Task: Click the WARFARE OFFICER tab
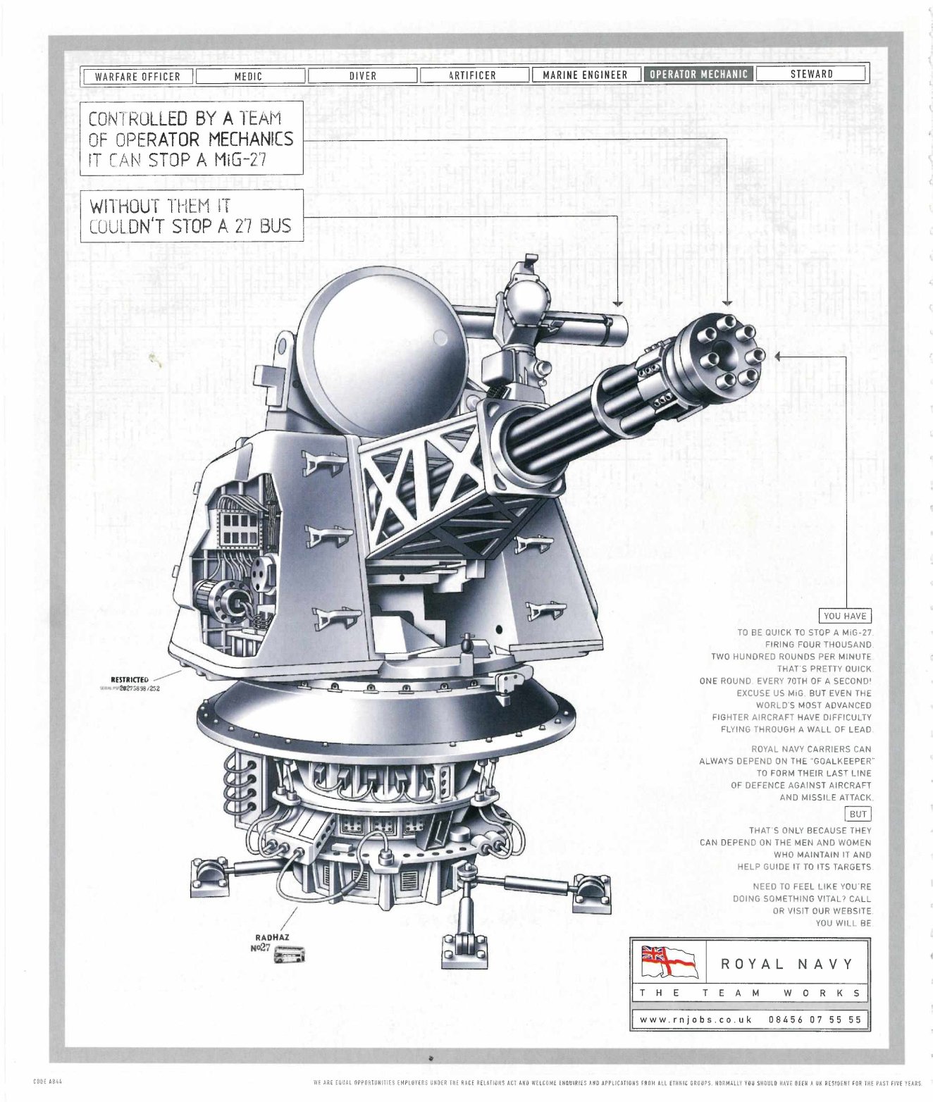(x=137, y=76)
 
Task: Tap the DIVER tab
(x=362, y=75)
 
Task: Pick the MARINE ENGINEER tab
(x=585, y=74)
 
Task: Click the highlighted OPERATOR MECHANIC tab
(x=698, y=73)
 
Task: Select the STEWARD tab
(x=811, y=73)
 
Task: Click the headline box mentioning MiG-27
(x=191, y=138)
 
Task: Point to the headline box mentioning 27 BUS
(x=191, y=216)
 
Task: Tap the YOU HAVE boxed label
(x=845, y=615)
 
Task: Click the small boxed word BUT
(x=858, y=814)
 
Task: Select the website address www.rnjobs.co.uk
(x=696, y=1019)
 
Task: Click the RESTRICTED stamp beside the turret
(x=130, y=679)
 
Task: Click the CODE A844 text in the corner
(x=49, y=1081)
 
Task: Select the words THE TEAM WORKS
(x=749, y=993)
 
